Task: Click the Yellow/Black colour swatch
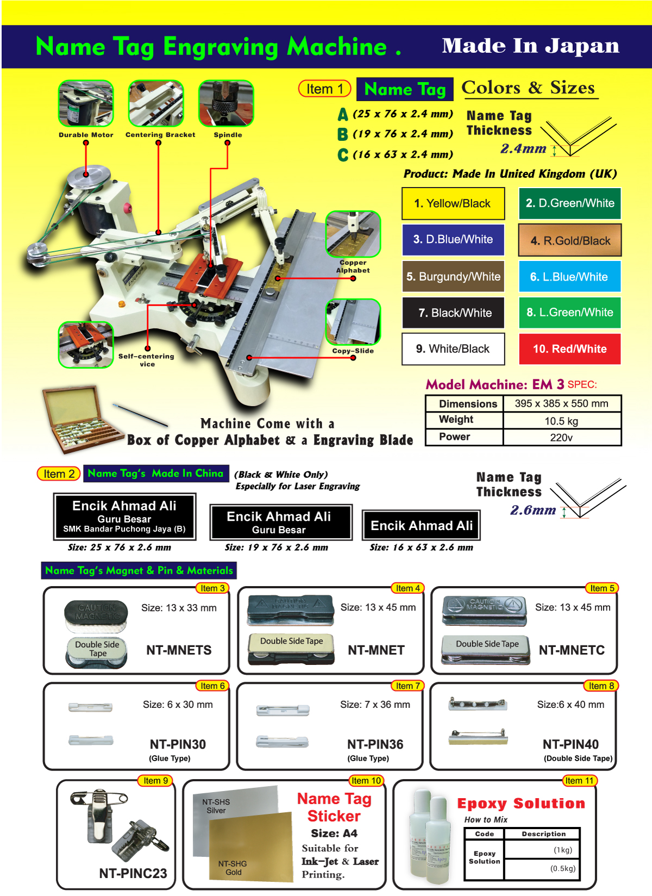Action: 453,203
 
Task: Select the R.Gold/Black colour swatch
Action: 570,240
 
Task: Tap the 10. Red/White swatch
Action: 569,349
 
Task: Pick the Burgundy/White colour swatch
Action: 453,277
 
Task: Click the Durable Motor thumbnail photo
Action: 86,103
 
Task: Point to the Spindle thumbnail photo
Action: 226,103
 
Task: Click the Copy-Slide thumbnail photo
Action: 353,322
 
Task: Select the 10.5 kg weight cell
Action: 561,421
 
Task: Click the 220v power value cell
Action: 561,437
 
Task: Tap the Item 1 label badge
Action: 325,89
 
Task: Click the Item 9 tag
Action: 156,781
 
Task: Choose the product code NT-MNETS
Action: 179,650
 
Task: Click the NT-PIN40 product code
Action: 570,744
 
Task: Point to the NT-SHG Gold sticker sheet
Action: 250,848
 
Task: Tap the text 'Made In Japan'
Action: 530,46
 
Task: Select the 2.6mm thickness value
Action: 533,510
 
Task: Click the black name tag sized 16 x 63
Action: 422,525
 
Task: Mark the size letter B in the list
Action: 342,134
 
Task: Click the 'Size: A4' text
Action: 334,833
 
